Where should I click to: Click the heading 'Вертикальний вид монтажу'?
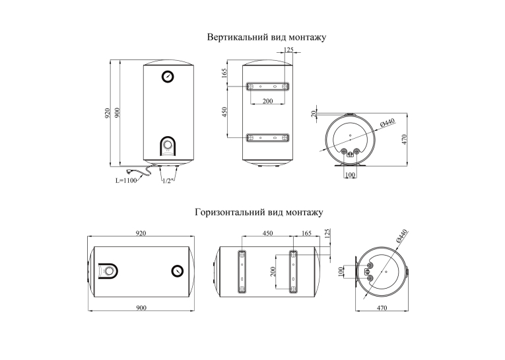coord(266,37)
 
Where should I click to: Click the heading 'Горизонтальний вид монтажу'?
coord(259,213)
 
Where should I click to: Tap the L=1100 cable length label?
coord(126,180)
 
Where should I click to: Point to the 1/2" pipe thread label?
coord(168,181)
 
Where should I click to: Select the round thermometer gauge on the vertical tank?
coord(168,77)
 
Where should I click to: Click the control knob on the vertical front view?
coord(168,145)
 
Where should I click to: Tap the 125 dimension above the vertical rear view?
coord(288,50)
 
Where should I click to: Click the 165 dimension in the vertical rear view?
coord(224,73)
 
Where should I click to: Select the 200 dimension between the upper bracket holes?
coord(267,101)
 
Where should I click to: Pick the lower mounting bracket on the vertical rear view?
coord(267,138)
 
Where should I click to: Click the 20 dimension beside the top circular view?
coord(314,114)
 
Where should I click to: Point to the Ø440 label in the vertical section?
coord(387,123)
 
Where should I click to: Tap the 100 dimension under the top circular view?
coord(350,174)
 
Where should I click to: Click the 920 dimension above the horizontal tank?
coord(141,233)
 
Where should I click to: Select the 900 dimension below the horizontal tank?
coord(141,308)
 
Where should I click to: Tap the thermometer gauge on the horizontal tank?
coord(177,271)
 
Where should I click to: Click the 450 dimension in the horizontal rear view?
coord(267,233)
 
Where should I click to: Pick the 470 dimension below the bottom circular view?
coord(382,308)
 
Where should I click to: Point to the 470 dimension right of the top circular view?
coord(405,139)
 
